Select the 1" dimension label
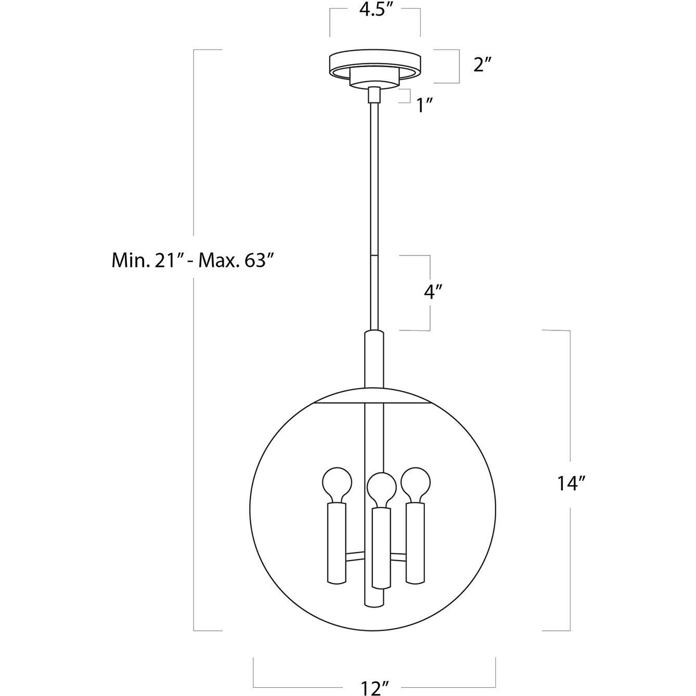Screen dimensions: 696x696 click(x=424, y=106)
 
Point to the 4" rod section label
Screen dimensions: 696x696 click(x=433, y=292)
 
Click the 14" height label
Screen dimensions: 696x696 click(x=571, y=483)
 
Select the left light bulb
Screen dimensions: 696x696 click(x=337, y=485)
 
